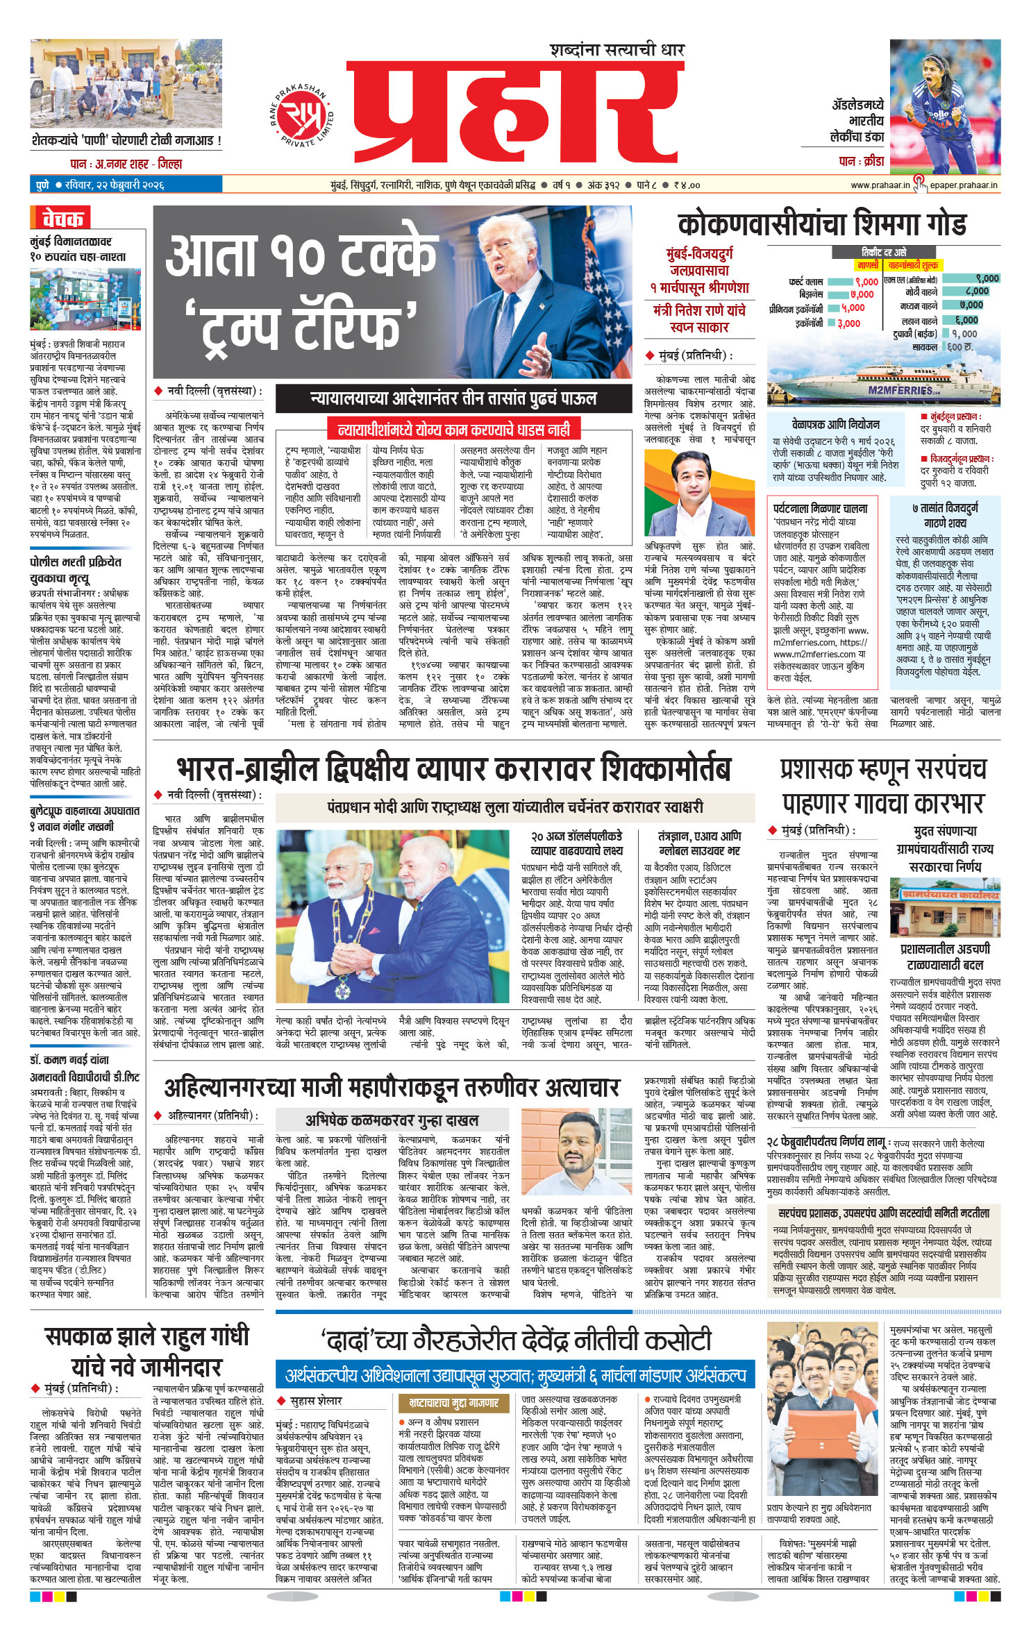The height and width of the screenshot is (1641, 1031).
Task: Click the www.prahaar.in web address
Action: click(x=880, y=185)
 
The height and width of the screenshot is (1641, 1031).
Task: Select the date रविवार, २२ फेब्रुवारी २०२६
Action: click(x=115, y=185)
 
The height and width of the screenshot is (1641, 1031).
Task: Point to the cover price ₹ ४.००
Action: click(x=686, y=185)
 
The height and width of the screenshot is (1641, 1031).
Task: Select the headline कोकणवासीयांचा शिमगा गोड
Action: click(x=821, y=225)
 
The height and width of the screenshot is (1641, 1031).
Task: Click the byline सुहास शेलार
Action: click(x=316, y=1401)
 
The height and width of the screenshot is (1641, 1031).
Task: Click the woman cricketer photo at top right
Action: click(x=945, y=106)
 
